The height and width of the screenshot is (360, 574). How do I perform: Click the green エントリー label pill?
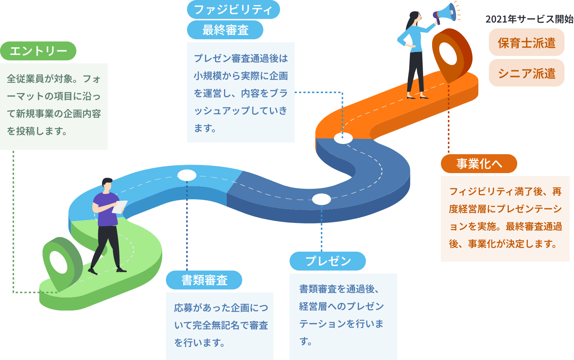click(x=38, y=51)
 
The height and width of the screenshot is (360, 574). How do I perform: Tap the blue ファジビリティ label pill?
click(x=233, y=9)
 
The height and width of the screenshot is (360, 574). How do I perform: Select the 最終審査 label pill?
click(x=225, y=30)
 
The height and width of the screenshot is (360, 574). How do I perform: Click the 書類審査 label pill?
click(x=204, y=280)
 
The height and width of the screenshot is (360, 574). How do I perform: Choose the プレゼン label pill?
click(x=327, y=261)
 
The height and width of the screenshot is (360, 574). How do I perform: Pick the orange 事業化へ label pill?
click(x=479, y=164)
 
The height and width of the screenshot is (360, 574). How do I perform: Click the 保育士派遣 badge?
click(x=527, y=43)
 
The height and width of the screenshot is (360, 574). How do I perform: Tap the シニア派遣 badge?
click(x=527, y=73)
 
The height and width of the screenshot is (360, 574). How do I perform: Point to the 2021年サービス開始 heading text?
click(x=529, y=19)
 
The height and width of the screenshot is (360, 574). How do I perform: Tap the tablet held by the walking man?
click(x=119, y=207)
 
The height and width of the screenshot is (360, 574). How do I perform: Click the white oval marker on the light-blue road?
click(x=187, y=176)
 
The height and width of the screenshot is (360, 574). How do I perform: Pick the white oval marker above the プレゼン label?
click(x=321, y=199)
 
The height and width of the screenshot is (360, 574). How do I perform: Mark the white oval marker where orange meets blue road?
click(x=343, y=138)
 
